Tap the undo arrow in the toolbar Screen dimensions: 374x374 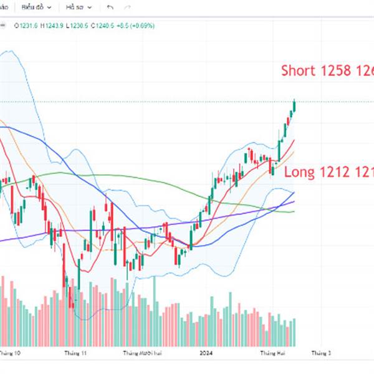[110, 7]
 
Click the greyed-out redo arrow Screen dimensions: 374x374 [128, 7]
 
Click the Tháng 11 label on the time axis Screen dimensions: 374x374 [75, 353]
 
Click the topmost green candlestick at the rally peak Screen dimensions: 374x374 [294, 105]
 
